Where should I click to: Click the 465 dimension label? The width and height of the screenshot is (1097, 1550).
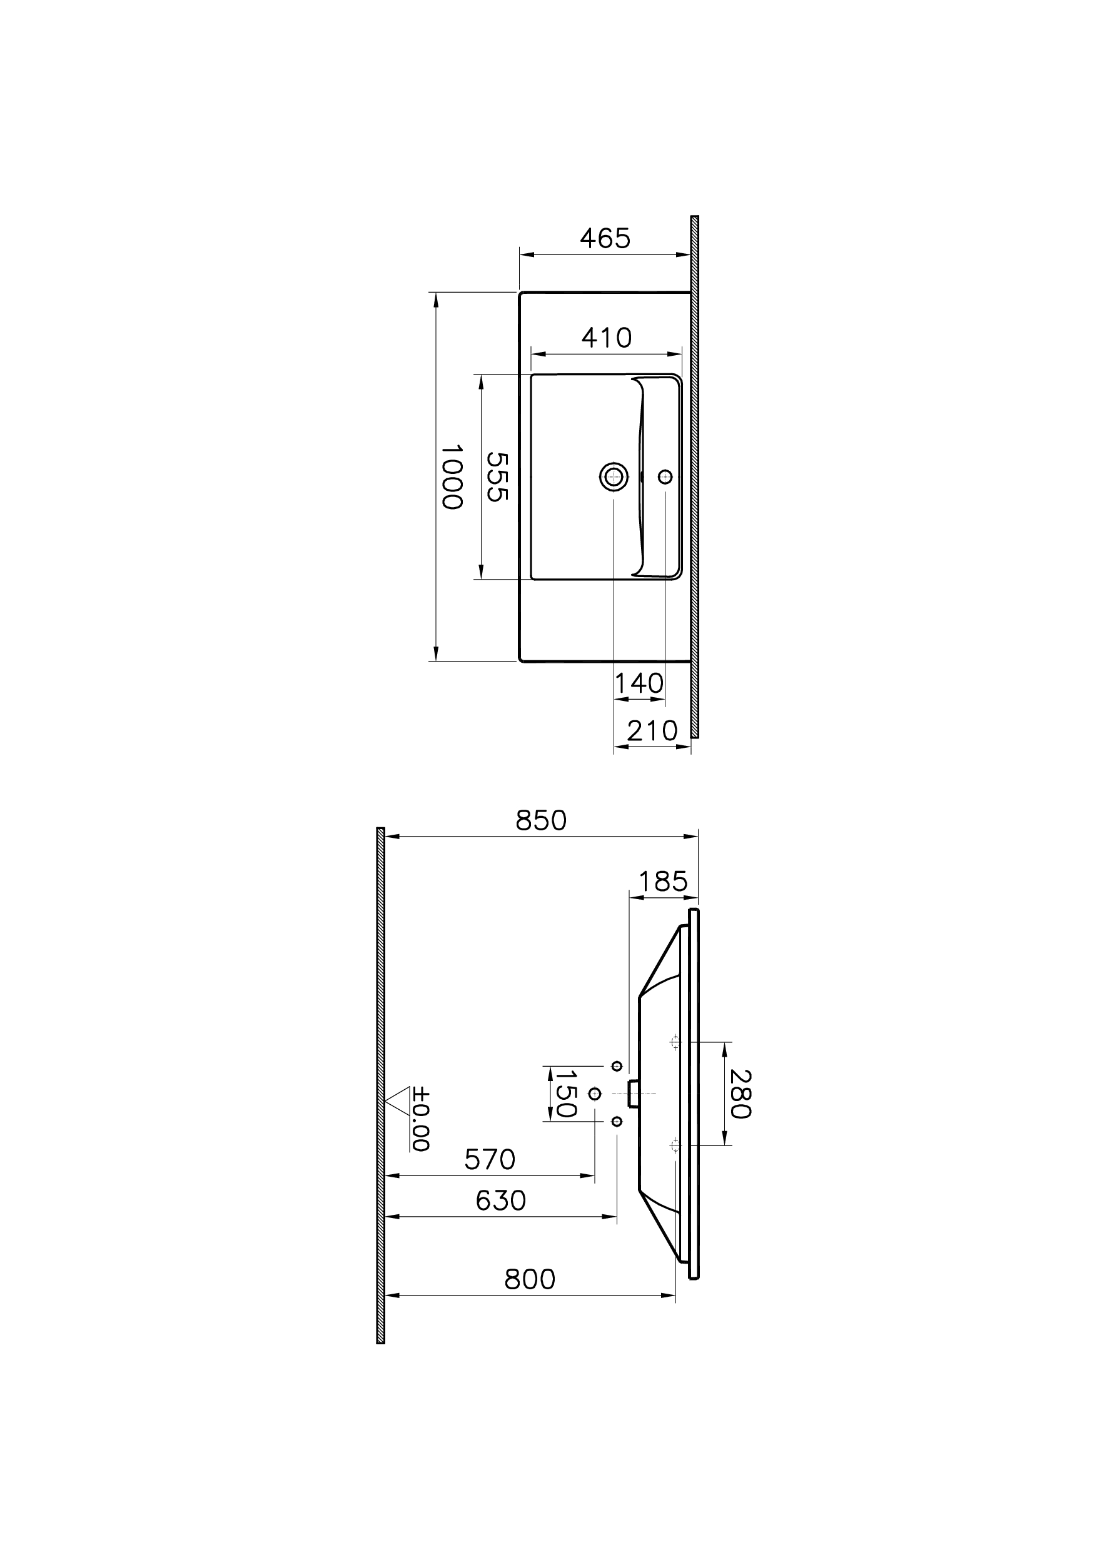click(605, 238)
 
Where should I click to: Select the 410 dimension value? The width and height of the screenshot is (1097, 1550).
click(606, 338)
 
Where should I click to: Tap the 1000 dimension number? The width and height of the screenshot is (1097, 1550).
click(451, 476)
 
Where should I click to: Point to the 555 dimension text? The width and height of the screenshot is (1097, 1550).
click(497, 476)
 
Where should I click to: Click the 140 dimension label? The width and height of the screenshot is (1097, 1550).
click(639, 683)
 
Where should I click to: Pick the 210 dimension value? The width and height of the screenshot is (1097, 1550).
click(652, 731)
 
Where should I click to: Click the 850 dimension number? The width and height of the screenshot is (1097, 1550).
click(540, 820)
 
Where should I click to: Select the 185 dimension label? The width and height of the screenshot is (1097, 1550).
click(663, 882)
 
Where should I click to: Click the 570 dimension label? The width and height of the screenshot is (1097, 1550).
click(490, 1160)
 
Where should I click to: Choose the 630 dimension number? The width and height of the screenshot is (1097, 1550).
click(500, 1200)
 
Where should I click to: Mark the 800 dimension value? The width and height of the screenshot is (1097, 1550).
click(530, 1279)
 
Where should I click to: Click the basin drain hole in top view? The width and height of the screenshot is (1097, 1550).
click(614, 477)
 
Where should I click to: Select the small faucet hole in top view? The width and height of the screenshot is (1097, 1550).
click(665, 477)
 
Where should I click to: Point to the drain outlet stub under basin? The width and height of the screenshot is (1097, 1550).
click(633, 1094)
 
